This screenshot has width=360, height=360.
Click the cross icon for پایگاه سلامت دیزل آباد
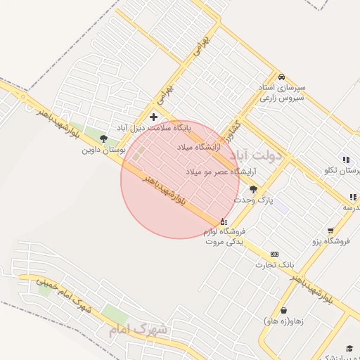coord(154,117)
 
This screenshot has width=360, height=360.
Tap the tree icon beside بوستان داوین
coord(104,139)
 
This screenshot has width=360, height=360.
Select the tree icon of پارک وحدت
coord(253,189)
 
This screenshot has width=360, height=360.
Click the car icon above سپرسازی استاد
coord(281,76)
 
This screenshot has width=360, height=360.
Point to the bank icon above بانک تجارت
coord(274,254)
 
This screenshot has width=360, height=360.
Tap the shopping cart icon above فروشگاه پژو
coord(330,231)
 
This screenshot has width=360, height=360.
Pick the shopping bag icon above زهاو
coord(283,310)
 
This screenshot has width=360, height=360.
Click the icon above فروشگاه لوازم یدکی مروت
coord(224,221)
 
